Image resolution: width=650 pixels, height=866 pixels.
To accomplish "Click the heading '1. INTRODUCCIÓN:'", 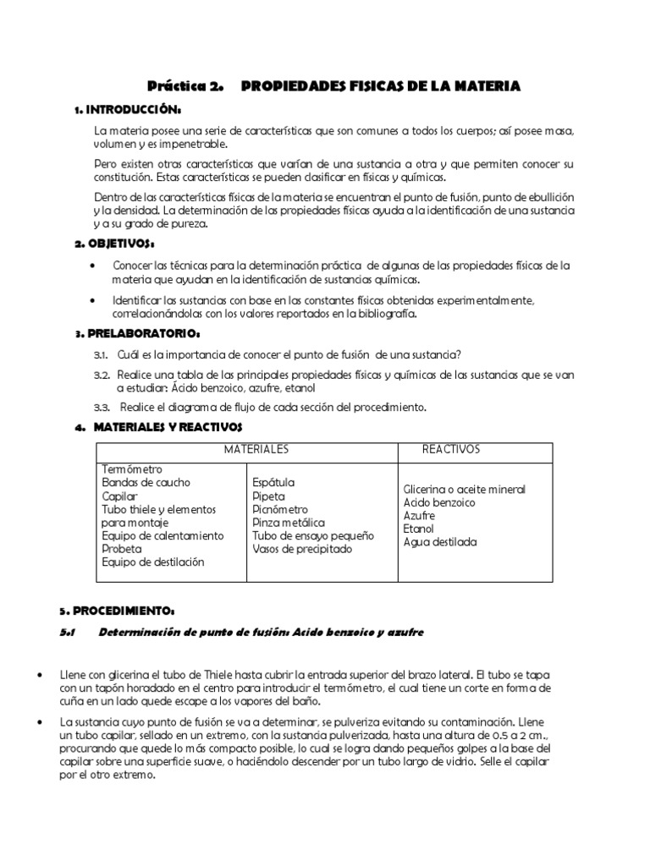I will [128, 110].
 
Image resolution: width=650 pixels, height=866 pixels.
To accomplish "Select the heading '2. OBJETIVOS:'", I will [116, 244].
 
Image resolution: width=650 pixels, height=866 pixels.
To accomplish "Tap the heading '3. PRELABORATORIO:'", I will [126, 334].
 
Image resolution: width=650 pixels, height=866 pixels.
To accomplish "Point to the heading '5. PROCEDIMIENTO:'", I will [117, 610].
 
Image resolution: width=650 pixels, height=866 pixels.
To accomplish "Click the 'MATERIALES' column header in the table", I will [256, 449].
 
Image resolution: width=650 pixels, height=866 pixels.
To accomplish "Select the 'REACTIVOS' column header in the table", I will [451, 449].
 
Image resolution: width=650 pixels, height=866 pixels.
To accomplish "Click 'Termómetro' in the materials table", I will [132, 469].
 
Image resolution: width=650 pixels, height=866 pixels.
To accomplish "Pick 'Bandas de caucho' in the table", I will [146, 483].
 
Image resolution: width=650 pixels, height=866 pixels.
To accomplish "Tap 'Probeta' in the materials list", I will [123, 549].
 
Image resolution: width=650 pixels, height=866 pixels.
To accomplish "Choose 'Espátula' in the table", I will [273, 483].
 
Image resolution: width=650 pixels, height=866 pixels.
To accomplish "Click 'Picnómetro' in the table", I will [280, 510].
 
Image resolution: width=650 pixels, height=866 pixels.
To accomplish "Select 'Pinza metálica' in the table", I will [289, 523].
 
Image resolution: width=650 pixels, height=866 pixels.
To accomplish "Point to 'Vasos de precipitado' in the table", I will [302, 550].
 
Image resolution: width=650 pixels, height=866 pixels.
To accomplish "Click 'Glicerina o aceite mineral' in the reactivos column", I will [465, 490].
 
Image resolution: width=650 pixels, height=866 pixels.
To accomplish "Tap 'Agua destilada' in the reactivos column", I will [440, 542].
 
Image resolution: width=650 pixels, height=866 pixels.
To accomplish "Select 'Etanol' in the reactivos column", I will [419, 529].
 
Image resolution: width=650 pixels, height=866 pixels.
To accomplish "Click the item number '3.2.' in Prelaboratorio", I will [102, 374].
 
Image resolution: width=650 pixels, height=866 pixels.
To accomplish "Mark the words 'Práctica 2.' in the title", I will [185, 86].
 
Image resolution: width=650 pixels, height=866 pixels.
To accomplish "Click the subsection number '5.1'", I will [69, 633].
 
